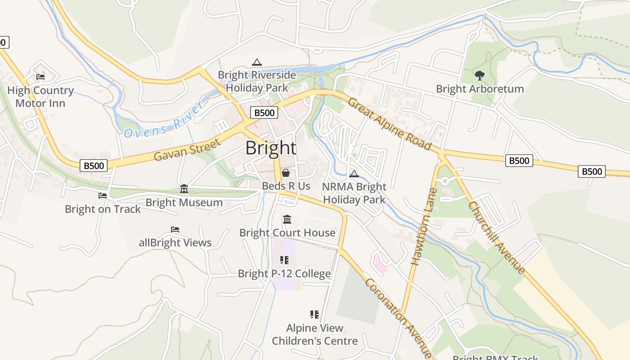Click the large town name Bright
271,148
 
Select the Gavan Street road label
187,150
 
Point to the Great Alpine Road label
390,124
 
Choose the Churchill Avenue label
497,238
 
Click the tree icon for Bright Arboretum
480,76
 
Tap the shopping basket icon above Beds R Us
285,173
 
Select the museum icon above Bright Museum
184,189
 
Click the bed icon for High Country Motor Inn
40,77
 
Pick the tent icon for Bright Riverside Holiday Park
257,62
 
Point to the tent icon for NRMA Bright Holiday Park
354,174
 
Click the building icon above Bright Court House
287,220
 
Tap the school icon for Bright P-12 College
284,260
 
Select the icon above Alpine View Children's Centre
315,314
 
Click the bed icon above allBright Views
175,229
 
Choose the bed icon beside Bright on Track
103,196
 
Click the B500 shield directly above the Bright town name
264,112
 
